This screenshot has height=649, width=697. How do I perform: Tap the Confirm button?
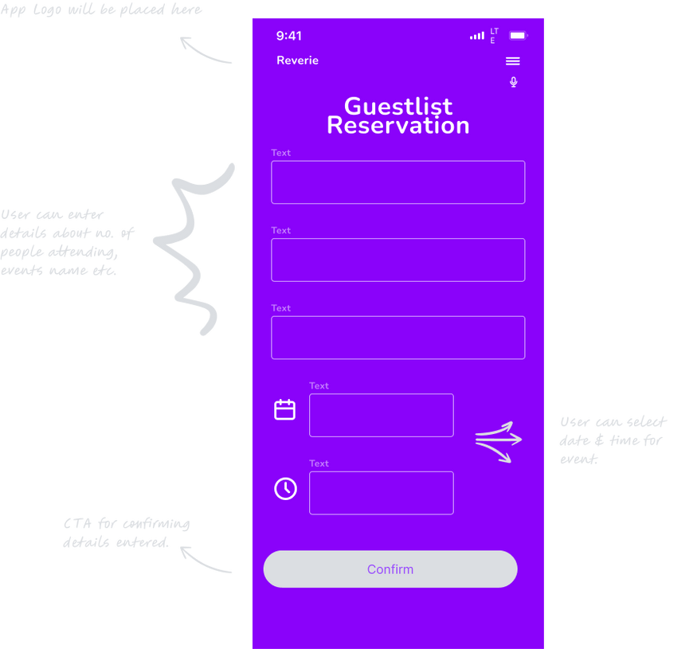pyautogui.click(x=390, y=569)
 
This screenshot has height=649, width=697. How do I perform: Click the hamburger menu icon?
pyautogui.click(x=513, y=61)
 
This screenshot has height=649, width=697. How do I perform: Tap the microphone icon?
pyautogui.click(x=514, y=82)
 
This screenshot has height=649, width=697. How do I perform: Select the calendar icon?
pyautogui.click(x=284, y=409)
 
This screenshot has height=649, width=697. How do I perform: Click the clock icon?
pyautogui.click(x=285, y=488)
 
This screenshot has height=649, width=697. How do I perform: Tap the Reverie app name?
pyautogui.click(x=297, y=61)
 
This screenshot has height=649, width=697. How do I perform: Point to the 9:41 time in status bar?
pyautogui.click(x=289, y=36)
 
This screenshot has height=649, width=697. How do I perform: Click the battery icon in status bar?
pyautogui.click(x=518, y=36)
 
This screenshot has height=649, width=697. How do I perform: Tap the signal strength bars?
pyautogui.click(x=477, y=36)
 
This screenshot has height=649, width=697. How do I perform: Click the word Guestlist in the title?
pyautogui.click(x=398, y=106)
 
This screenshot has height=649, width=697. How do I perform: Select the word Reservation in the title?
pyautogui.click(x=398, y=126)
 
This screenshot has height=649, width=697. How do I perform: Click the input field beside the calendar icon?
pyautogui.click(x=382, y=415)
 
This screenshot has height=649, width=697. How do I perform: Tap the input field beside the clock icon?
pyautogui.click(x=382, y=493)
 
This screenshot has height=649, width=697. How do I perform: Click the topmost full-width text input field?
pyautogui.click(x=398, y=182)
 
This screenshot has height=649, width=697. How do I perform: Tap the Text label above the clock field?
pyautogui.click(x=319, y=463)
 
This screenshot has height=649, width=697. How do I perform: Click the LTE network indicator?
pyautogui.click(x=495, y=36)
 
